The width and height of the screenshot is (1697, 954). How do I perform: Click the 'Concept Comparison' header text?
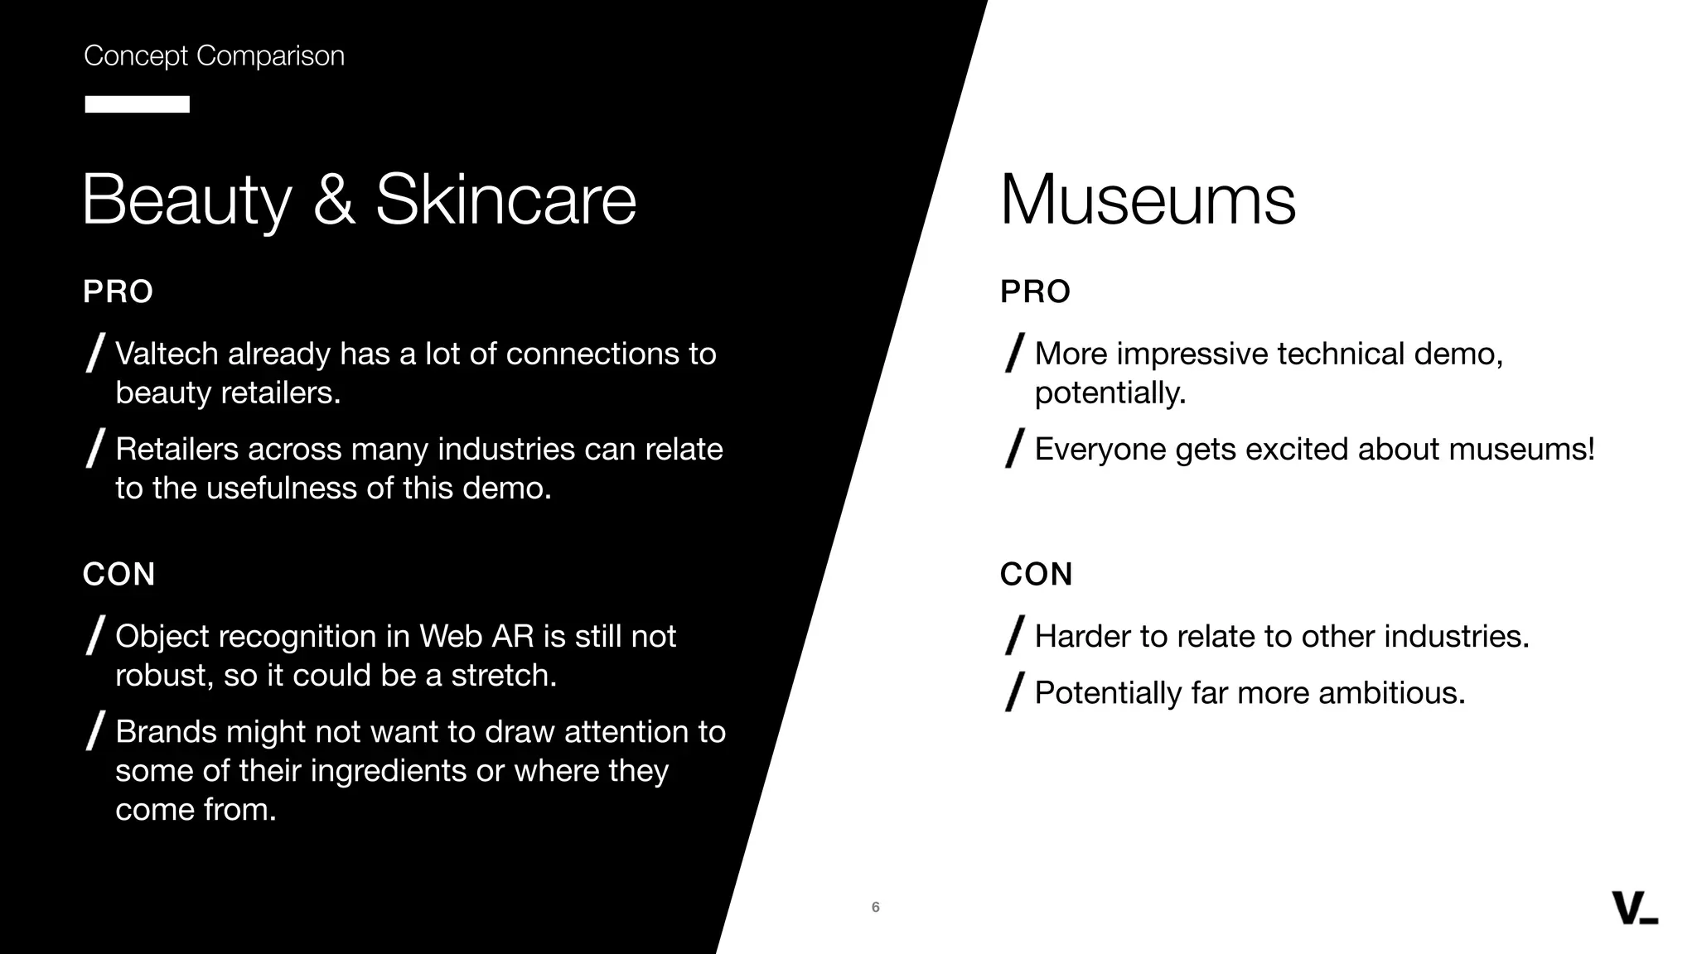(x=214, y=55)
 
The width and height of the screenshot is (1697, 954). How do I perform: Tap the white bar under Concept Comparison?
(x=137, y=104)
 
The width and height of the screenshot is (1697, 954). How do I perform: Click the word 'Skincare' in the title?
(x=505, y=200)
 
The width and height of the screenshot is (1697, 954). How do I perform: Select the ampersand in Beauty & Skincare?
(x=334, y=200)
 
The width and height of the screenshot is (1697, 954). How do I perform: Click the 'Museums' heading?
(x=1147, y=200)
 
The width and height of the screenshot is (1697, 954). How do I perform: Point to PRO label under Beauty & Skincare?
(x=118, y=291)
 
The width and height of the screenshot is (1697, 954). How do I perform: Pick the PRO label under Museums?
(x=1035, y=291)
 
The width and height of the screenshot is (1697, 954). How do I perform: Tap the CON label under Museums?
(x=1036, y=574)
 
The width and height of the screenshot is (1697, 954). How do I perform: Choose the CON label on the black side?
(x=118, y=574)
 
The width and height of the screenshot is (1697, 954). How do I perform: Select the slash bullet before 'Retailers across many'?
(x=95, y=448)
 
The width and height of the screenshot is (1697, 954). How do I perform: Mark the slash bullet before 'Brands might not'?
(x=95, y=730)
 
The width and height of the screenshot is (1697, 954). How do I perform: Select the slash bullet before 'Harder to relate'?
(x=1014, y=635)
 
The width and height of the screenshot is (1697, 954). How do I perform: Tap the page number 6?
(x=875, y=907)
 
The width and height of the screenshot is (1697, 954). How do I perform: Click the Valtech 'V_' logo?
(x=1634, y=908)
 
